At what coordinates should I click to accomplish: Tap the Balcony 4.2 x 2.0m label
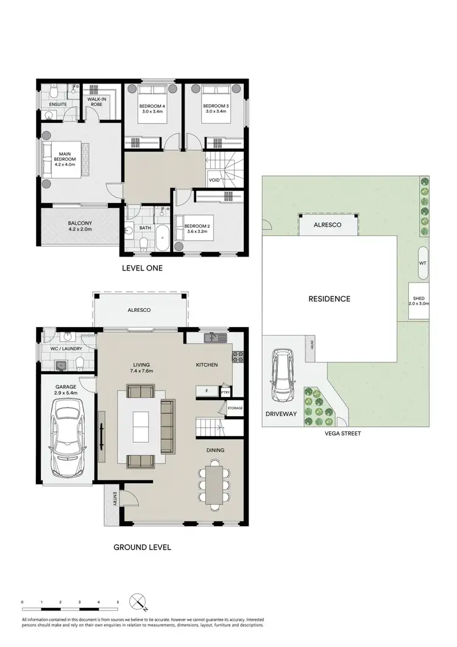pos(79,227)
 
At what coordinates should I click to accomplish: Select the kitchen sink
pos(213,338)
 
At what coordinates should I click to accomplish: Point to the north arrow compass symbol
pos(138,603)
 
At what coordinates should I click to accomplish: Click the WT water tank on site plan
pos(422,263)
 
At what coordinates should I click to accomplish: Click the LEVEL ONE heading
pos(143,268)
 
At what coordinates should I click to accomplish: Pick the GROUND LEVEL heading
pos(143,547)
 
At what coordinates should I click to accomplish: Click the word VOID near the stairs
pos(214,180)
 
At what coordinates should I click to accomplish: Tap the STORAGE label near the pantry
pos(235,407)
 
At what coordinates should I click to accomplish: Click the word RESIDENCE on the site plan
pos(329,299)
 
